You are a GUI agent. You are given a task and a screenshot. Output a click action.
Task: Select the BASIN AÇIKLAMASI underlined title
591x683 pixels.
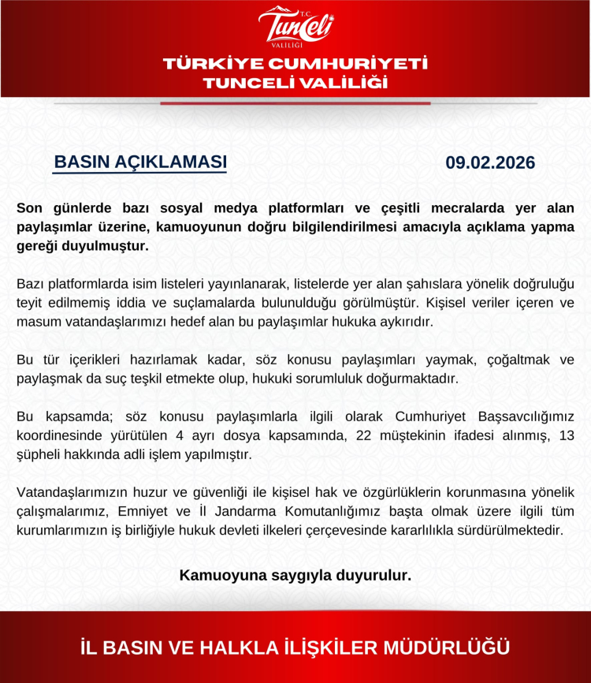pyautogui.click(x=140, y=162)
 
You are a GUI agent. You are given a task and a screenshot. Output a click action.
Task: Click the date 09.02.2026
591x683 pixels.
pyautogui.click(x=490, y=163)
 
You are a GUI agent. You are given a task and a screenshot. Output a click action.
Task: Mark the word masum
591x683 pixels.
pyautogui.click(x=37, y=322)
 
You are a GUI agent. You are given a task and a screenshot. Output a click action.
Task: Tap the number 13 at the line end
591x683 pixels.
pyautogui.click(x=566, y=435)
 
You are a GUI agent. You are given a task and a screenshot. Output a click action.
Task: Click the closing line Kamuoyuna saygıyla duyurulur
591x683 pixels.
pyautogui.click(x=295, y=575)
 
